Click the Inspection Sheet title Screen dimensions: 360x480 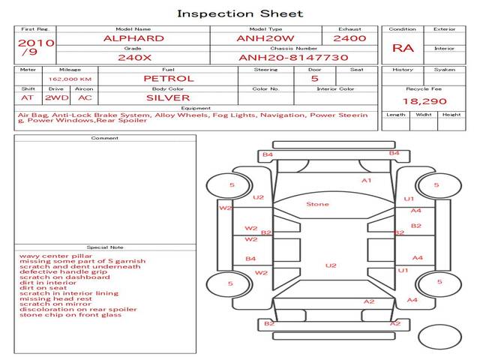239,13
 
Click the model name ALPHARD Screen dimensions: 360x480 133,38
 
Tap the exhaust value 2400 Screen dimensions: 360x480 349,38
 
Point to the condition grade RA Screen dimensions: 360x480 403,49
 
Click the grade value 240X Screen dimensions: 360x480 133,57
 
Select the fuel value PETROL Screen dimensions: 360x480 168,78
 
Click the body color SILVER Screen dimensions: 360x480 168,97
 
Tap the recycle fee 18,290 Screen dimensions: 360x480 424,100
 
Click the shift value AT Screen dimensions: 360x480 28,97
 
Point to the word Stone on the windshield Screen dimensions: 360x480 317,204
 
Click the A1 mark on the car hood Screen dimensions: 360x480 367,181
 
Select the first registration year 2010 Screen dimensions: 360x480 35,43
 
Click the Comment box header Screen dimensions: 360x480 105,138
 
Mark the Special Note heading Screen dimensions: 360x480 105,247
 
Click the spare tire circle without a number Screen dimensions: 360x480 439,337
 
